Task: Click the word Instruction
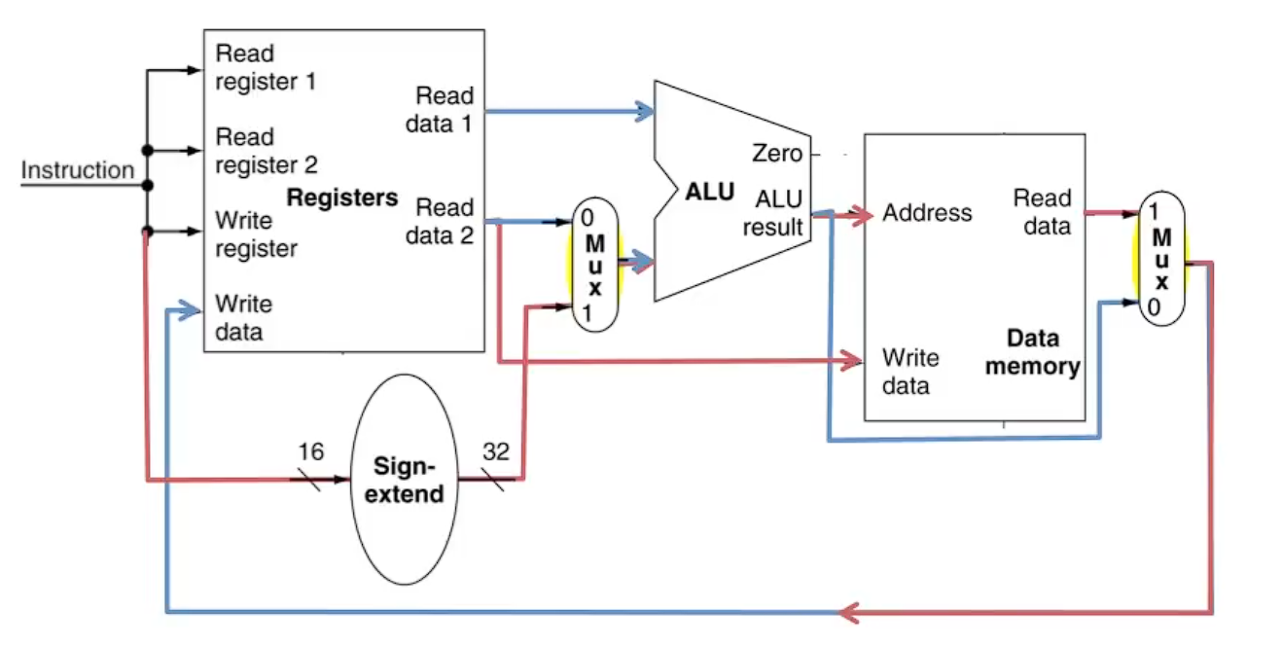click(77, 170)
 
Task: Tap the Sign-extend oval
click(405, 480)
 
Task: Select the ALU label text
click(710, 192)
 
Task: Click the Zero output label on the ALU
click(777, 153)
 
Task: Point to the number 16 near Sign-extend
click(310, 451)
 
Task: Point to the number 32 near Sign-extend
click(496, 451)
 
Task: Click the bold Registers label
click(342, 197)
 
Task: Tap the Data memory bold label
click(1033, 352)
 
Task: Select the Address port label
click(927, 212)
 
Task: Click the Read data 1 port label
click(440, 109)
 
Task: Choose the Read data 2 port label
click(440, 221)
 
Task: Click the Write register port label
click(257, 234)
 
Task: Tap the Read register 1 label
click(266, 67)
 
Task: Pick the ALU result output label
click(772, 213)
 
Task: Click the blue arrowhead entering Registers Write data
click(189, 311)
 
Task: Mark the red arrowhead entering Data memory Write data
click(850, 360)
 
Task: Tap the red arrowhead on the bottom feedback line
click(849, 613)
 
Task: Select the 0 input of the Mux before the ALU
click(588, 218)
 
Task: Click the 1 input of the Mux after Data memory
click(1154, 211)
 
